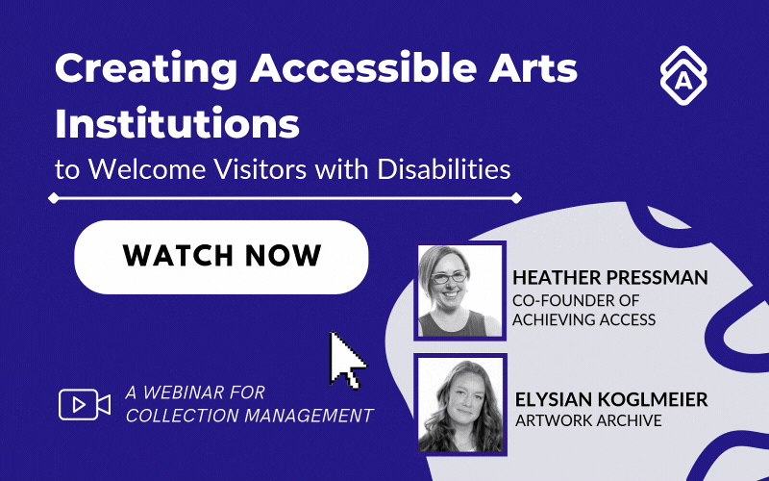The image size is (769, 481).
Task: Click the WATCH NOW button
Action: coord(221,257)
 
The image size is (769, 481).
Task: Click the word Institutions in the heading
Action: coord(177,125)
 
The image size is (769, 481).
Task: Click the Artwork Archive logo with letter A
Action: coord(683,74)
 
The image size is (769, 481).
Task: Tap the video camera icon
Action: coord(84,404)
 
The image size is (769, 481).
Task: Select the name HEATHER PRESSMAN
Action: coord(610,278)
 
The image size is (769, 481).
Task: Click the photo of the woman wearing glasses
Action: coord(460,290)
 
